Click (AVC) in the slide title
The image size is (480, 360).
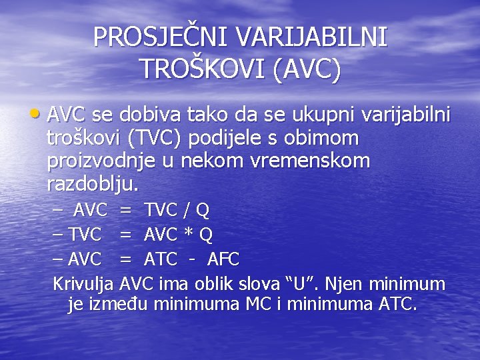(306, 69)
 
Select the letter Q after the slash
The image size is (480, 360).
(203, 211)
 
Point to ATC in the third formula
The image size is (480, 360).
(161, 259)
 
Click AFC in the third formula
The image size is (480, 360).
(223, 259)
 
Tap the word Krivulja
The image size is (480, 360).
(83, 284)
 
